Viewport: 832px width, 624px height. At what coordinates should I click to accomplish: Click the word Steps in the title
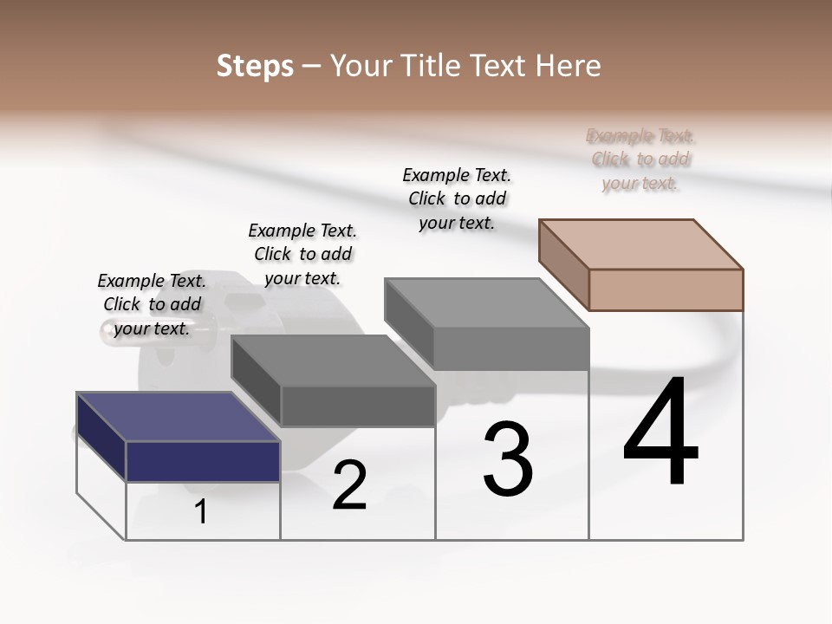pos(255,66)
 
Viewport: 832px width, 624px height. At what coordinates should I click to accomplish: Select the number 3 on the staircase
pos(508,459)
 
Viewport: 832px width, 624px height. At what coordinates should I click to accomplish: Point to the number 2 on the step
pos(349,486)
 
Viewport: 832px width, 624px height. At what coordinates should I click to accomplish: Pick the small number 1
pos(201,512)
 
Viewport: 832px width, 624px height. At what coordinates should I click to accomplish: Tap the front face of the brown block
pos(666,289)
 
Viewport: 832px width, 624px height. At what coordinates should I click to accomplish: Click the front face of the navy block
pos(203,461)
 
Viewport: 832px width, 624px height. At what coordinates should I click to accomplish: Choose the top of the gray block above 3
pos(486,302)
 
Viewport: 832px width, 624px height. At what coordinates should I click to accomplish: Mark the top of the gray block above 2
pos(333,361)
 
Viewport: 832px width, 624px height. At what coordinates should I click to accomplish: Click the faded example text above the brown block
pos(640,159)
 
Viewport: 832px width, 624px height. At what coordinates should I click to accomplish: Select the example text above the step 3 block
pos(457,198)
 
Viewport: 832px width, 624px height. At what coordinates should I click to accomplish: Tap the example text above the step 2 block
pos(302,254)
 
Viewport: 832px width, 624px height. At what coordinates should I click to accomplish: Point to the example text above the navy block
pos(152,304)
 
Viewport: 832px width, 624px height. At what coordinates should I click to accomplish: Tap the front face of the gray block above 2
pos(358,406)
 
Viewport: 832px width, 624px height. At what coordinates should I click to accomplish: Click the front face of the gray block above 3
pos(511,349)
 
